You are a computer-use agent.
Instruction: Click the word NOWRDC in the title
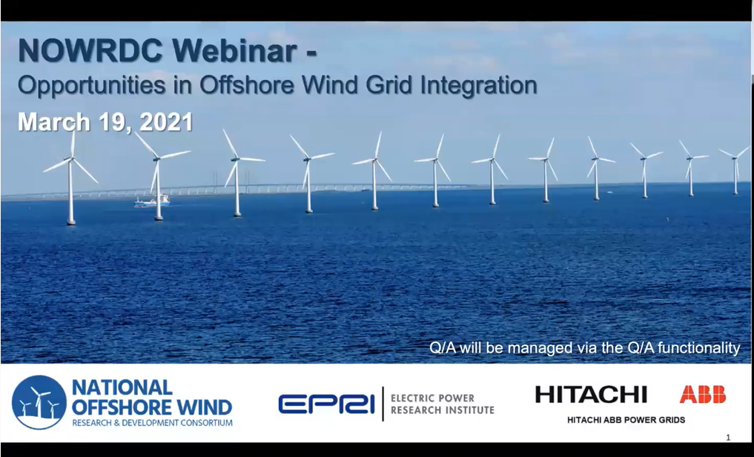(x=90, y=50)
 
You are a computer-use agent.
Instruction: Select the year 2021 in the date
(x=166, y=122)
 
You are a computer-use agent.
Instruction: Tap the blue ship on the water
(x=152, y=201)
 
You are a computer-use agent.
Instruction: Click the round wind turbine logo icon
(x=39, y=402)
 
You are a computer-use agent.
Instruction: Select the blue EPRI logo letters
(x=326, y=404)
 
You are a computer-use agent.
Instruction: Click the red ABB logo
(x=703, y=395)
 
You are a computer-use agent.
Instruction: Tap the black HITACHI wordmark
(x=591, y=395)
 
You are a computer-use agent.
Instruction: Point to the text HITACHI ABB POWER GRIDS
(x=626, y=420)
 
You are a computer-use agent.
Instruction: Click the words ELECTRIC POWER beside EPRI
(x=432, y=398)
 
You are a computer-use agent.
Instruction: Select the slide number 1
(x=728, y=438)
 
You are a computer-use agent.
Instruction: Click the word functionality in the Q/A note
(x=698, y=347)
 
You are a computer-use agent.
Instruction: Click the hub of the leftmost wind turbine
(x=71, y=159)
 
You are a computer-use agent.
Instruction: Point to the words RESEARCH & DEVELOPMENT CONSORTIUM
(x=153, y=424)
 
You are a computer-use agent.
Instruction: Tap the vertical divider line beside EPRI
(x=383, y=404)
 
